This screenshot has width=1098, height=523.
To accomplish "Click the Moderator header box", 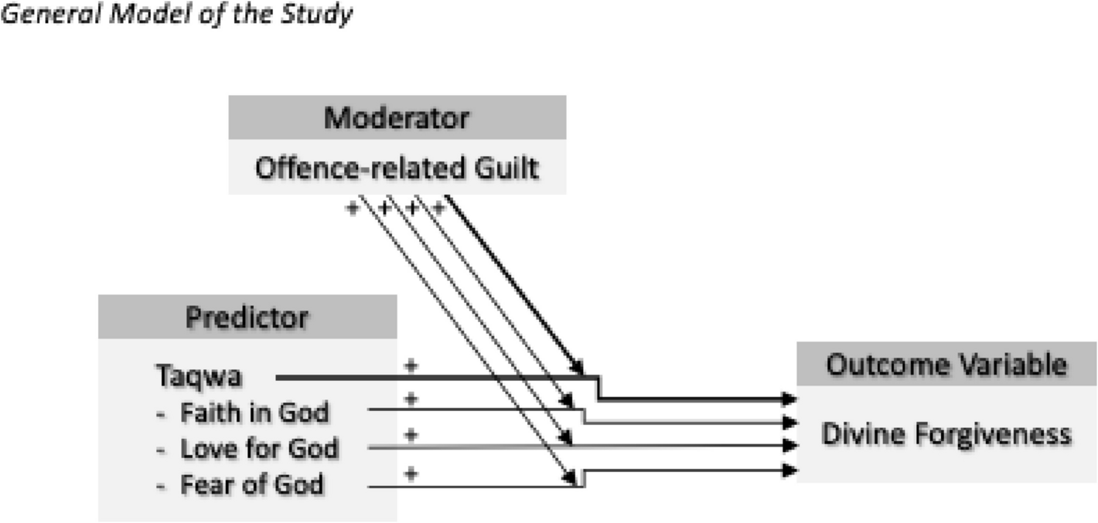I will [397, 119].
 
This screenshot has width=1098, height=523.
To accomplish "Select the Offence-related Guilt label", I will [397, 168].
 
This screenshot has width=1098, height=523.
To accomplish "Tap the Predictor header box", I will [247, 318].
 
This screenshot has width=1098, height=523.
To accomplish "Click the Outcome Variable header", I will [946, 364].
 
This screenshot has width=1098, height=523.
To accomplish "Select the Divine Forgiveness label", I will [946, 435].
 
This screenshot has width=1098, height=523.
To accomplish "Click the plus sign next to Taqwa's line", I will [411, 365].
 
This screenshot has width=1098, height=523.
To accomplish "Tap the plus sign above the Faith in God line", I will [411, 399].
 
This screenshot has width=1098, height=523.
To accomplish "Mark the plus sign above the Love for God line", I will [411, 434].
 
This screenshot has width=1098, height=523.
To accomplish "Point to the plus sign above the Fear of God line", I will [411, 473].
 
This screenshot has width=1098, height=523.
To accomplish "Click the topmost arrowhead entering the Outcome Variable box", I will [789, 399].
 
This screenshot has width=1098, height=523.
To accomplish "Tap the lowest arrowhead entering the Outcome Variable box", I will [789, 470].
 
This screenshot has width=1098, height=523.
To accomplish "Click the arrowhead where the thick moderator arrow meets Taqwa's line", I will [577, 367].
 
